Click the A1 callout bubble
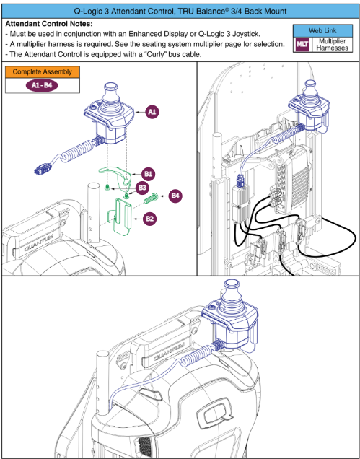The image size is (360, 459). tap(152, 113)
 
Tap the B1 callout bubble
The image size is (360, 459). tap(149, 174)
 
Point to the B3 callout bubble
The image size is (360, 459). tap(142, 188)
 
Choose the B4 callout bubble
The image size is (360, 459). tap(176, 195)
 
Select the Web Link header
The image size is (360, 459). tap(325, 32)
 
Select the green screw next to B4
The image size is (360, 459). tap(152, 195)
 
